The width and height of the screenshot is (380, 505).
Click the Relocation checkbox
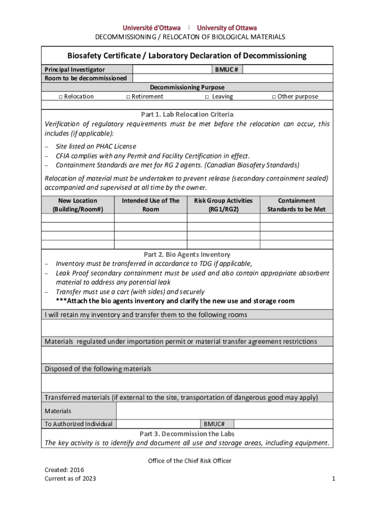[61, 97]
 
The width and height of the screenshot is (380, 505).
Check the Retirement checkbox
[128, 97]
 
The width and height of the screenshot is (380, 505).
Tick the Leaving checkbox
[207, 97]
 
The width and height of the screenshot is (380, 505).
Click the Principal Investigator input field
[173, 70]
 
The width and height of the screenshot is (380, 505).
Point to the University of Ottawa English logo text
[227, 28]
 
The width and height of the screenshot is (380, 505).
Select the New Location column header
[78, 205]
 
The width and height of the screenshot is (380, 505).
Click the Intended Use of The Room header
[151, 205]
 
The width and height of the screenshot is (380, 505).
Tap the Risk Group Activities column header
[223, 205]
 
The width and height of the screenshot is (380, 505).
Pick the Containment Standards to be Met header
[296, 205]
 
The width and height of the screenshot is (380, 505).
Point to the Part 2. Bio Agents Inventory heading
[187, 254]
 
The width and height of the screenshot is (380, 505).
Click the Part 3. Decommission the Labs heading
[187, 434]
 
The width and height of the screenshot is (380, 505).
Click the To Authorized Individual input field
[158, 424]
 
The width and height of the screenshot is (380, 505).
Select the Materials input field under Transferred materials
[225, 411]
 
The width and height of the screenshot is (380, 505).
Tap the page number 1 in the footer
[334, 478]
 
